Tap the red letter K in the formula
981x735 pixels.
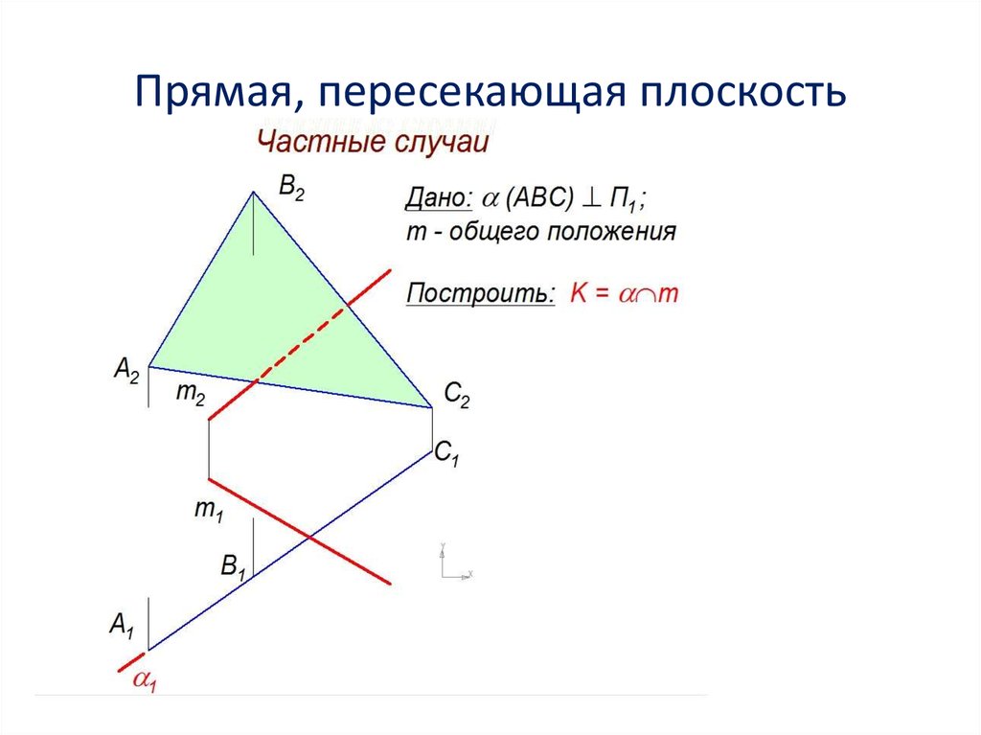pyautogui.click(x=578, y=293)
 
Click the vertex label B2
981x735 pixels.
pyautogui.click(x=291, y=189)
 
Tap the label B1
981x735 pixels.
pyautogui.click(x=234, y=566)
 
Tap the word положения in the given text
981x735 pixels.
pyautogui.click(x=622, y=231)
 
